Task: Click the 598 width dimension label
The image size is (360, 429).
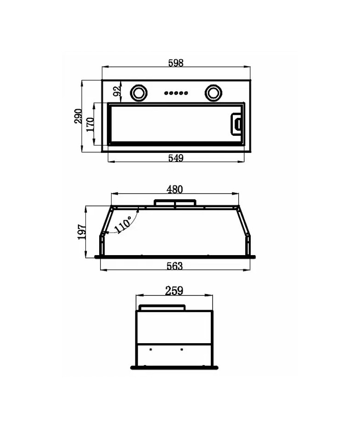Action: (175, 63)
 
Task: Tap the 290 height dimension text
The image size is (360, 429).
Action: (78, 116)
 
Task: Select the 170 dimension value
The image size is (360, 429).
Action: (90, 124)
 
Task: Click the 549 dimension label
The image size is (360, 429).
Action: (175, 158)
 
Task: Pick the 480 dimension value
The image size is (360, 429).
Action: (174, 189)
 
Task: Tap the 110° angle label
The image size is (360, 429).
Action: (123, 224)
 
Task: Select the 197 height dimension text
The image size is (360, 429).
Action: (82, 232)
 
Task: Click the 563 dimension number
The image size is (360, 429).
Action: (174, 266)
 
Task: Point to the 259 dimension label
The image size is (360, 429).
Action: (174, 290)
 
